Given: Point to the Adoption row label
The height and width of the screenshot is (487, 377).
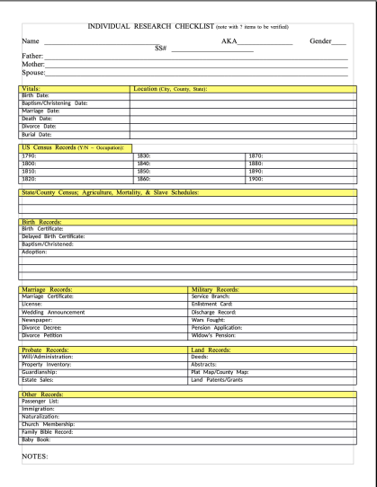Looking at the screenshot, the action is pyautogui.click(x=36, y=252).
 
